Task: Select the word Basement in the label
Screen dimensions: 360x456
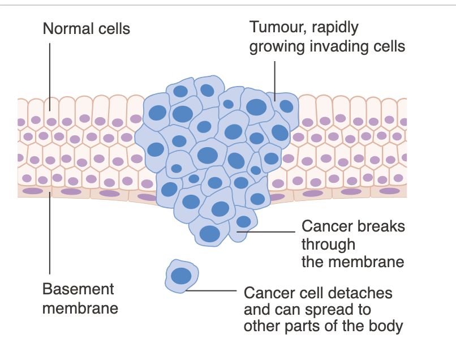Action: tap(78, 289)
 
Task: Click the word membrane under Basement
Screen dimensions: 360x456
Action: tap(80, 308)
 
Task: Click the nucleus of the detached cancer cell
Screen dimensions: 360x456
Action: tap(182, 276)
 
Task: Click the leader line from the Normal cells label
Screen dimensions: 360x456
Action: tap(50, 74)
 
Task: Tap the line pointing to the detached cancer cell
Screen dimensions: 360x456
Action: tap(212, 292)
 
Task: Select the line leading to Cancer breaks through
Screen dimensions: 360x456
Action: tap(266, 232)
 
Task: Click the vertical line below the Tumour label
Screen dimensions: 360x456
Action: tap(275, 79)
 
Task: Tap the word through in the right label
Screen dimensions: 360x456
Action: tap(328, 245)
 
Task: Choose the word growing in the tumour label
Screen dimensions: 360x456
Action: tap(277, 46)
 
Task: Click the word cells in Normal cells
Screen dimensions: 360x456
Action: tap(113, 28)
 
